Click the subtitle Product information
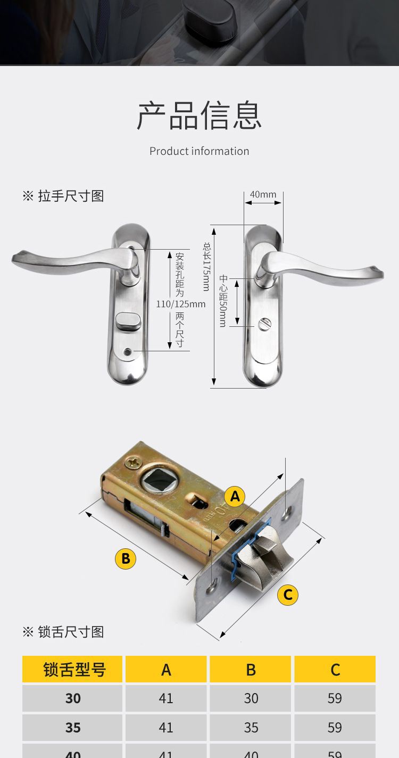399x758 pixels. (x=199, y=151)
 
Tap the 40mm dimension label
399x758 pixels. (x=263, y=194)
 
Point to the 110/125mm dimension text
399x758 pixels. (x=181, y=304)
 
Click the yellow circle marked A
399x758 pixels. (x=235, y=497)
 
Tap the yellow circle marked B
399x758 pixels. (x=126, y=558)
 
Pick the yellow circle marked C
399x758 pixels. (x=288, y=595)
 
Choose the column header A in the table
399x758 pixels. (x=166, y=669)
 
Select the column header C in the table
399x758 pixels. (x=335, y=669)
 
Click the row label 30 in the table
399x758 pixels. (x=72, y=698)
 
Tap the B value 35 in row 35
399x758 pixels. (x=251, y=728)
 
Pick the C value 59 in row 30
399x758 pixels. (x=335, y=698)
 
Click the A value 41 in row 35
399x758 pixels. (x=166, y=728)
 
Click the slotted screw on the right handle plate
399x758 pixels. (x=263, y=324)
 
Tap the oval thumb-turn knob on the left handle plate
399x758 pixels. (x=127, y=321)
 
